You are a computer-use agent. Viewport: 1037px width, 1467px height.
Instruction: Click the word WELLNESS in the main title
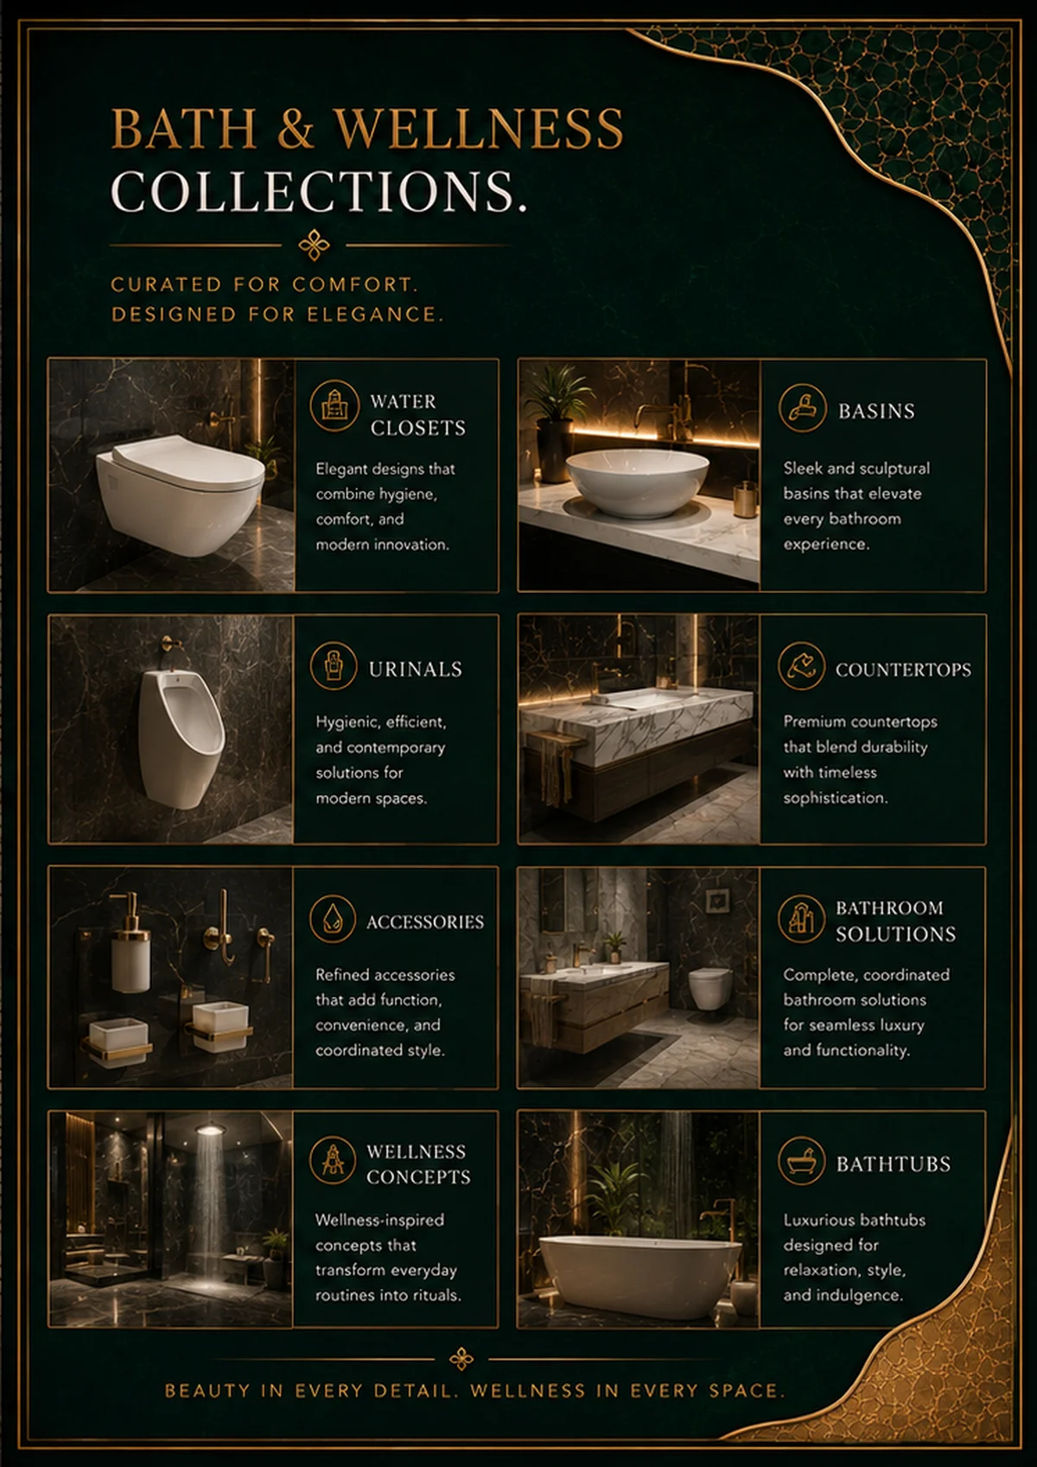[480, 128]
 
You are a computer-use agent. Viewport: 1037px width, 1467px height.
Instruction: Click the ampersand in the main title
[296, 128]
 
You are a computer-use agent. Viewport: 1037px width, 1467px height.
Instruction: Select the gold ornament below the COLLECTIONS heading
[315, 245]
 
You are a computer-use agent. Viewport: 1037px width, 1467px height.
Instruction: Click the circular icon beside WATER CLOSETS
[334, 406]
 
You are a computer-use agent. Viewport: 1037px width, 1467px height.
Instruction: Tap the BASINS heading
[876, 411]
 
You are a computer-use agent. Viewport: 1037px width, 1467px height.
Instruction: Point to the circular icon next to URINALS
[334, 666]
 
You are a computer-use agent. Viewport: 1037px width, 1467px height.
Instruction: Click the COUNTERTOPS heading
[903, 670]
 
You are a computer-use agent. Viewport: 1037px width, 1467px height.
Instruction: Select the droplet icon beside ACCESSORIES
[333, 919]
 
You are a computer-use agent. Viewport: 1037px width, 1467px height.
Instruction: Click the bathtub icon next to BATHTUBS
[802, 1161]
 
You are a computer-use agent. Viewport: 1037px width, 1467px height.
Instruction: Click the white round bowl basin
[637, 482]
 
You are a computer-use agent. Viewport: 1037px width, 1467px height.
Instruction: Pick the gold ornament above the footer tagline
[461, 1359]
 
